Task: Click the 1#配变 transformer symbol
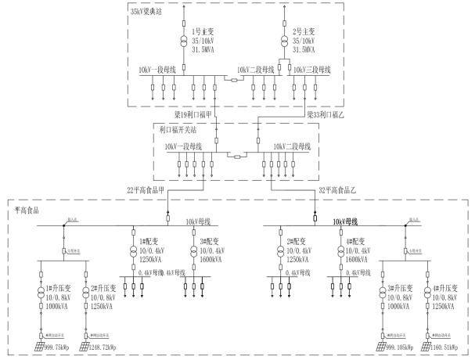[x=133, y=252]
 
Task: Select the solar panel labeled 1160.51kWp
[x=427, y=345]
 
